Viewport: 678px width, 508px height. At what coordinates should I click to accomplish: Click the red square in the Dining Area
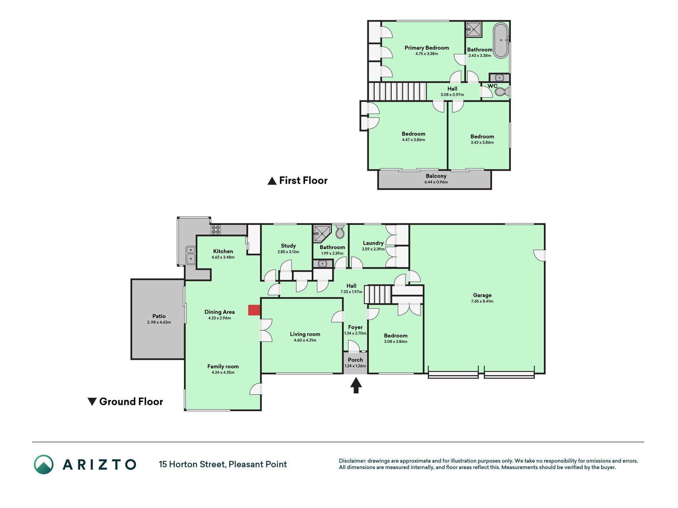coord(254,310)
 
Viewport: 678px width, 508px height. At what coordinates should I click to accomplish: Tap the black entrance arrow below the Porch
coord(356,385)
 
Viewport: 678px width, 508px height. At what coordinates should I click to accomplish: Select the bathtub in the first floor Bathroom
coord(501,40)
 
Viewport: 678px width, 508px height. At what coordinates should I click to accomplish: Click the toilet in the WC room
coord(501,92)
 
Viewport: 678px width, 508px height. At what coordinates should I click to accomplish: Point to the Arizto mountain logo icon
coord(44,464)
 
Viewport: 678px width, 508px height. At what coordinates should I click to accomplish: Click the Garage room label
coord(482,295)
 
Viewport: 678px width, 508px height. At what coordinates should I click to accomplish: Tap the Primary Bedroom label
coord(427,48)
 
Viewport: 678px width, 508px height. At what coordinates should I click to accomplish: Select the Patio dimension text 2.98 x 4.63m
coord(159,322)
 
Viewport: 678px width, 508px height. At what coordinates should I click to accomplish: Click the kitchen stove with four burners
coord(216,229)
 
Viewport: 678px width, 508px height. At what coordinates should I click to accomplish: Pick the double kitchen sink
coord(191,255)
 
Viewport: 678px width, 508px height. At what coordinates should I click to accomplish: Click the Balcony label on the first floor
coord(436,176)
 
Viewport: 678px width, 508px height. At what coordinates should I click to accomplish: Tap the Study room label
coord(288,246)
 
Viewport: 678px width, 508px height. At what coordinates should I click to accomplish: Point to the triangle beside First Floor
coord(272,181)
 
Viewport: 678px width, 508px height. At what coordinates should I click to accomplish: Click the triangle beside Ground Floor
coord(92,402)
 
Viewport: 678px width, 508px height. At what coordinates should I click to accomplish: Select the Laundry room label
coord(373,243)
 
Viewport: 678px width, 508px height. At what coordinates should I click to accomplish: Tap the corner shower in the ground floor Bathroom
coord(322,233)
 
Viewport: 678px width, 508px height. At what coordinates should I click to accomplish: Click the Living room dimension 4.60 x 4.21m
coord(305,340)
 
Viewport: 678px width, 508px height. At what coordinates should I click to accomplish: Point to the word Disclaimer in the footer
coord(352,461)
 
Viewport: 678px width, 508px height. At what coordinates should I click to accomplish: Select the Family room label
coord(223,366)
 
